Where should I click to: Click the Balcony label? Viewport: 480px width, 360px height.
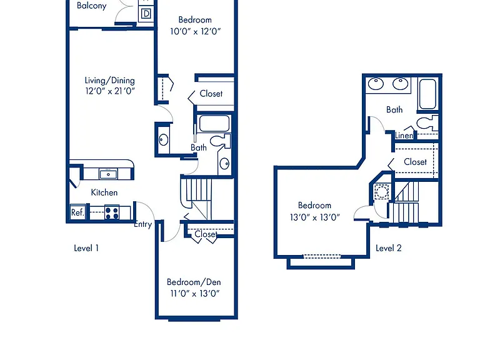(x=91, y=6)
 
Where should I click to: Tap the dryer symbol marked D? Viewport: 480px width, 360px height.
(x=146, y=14)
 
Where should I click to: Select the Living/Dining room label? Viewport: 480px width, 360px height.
(x=109, y=81)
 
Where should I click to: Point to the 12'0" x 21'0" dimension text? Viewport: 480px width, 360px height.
(x=110, y=91)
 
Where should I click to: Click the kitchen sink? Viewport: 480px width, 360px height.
(x=108, y=174)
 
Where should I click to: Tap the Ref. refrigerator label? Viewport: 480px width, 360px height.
(x=77, y=212)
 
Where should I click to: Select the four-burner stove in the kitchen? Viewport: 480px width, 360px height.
(x=112, y=212)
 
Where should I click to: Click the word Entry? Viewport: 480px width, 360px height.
(x=143, y=224)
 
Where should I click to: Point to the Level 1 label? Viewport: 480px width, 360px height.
(x=86, y=248)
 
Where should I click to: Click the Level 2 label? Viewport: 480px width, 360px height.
(x=389, y=248)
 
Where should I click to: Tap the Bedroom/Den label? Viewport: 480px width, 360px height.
(x=194, y=282)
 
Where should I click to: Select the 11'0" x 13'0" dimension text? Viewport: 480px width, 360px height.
(x=195, y=293)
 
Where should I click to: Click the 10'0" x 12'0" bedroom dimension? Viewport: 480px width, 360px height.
(x=195, y=31)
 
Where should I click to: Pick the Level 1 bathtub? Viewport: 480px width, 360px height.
(x=214, y=123)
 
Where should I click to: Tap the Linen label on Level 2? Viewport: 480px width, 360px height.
(x=404, y=135)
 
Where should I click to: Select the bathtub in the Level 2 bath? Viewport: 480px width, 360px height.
(x=427, y=94)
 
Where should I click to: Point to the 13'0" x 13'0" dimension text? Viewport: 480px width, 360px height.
(x=315, y=217)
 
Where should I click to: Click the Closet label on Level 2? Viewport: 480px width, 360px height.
(x=415, y=162)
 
